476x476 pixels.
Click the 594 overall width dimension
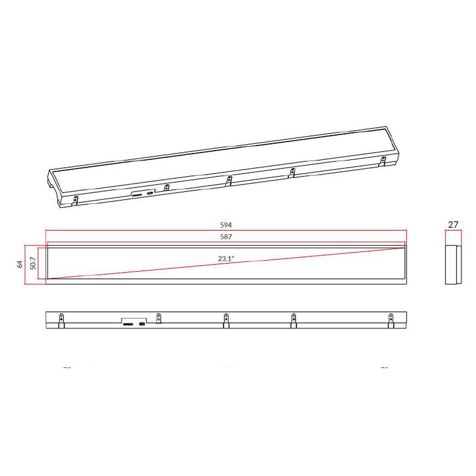point(226,225)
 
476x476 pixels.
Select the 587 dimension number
point(226,236)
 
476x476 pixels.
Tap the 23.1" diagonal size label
point(226,259)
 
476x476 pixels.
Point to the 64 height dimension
point(20,264)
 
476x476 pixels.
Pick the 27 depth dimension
point(453,225)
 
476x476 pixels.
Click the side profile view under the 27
point(453,264)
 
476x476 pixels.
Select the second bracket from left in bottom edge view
point(159,318)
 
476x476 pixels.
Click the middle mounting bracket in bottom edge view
point(226,320)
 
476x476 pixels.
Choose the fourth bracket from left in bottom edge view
point(293,320)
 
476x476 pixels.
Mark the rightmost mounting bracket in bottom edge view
point(391,320)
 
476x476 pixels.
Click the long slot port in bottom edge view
point(128,324)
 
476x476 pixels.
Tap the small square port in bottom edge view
point(142,324)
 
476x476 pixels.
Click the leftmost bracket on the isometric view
point(75,200)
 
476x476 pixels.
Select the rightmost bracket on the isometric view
point(383,161)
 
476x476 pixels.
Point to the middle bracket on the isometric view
point(229,180)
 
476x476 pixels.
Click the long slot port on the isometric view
point(137,195)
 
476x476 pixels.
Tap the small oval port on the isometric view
point(150,193)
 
